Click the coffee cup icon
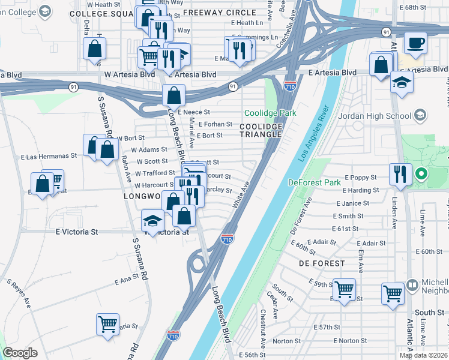(415, 43)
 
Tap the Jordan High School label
(386, 116)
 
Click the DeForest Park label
(315, 182)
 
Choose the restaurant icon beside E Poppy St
(400, 175)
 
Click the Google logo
(20, 353)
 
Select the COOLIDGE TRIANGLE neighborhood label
(261, 130)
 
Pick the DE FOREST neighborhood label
(322, 263)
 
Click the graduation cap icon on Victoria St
(152, 221)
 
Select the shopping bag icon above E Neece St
(173, 95)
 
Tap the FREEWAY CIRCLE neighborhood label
(215, 12)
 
